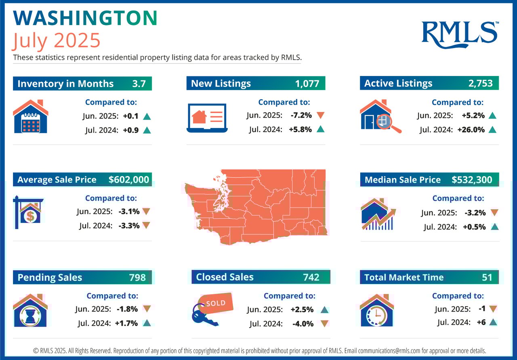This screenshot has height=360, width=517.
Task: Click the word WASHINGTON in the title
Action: click(x=85, y=19)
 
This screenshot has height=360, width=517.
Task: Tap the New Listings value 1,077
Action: click(x=307, y=84)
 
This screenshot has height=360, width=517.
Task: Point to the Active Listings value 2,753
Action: click(x=481, y=84)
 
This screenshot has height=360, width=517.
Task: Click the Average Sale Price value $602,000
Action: click(x=129, y=180)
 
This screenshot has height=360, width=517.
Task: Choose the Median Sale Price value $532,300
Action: click(x=472, y=180)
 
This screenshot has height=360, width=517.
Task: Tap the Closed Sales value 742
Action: click(x=311, y=277)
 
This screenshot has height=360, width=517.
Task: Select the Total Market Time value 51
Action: click(x=487, y=277)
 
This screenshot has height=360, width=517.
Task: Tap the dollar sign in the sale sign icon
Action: click(x=30, y=217)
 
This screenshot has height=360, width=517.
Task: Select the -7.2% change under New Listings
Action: click(x=301, y=115)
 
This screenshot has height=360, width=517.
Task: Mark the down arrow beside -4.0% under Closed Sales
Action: click(x=324, y=323)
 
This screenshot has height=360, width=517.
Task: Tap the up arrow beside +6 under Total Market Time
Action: click(x=492, y=322)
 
